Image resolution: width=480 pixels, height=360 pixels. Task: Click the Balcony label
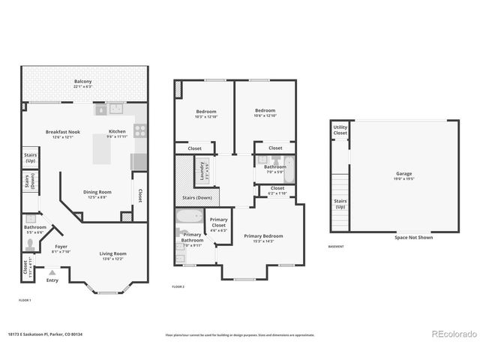click(82, 82)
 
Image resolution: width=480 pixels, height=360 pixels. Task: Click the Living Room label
click(112, 253)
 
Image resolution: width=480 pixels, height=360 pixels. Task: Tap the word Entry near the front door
click(52, 280)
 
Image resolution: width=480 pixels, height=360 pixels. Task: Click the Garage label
click(403, 174)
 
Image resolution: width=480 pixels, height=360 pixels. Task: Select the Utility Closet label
click(340, 130)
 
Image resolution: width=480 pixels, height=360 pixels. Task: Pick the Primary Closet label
click(218, 223)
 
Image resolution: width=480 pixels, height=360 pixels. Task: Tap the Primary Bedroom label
click(263, 235)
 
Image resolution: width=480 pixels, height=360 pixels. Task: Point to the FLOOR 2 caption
click(178, 287)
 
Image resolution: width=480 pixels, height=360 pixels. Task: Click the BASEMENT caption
click(337, 247)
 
